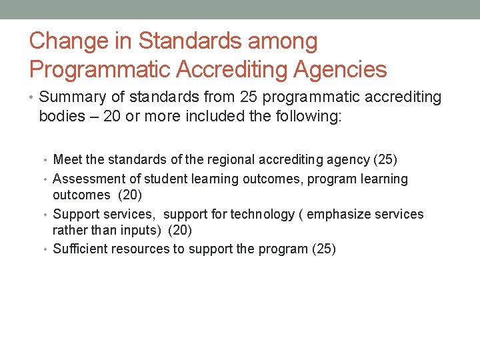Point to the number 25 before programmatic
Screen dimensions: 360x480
[249, 97]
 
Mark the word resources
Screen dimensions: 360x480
[143, 249]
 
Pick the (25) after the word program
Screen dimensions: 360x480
[323, 249]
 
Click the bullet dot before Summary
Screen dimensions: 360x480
[33, 98]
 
